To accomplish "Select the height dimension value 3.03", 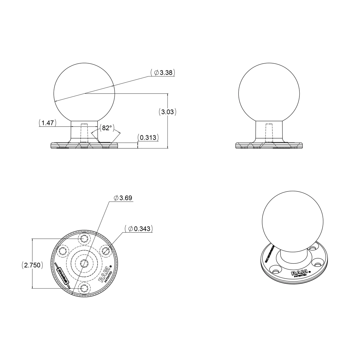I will (167, 112).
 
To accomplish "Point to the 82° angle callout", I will (106, 128).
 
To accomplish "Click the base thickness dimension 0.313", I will (148, 138).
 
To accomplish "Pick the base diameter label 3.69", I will (123, 198).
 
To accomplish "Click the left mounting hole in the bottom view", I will (63, 251).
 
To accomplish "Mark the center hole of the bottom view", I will (84, 263).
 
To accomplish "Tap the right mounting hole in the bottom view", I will (105, 250).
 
